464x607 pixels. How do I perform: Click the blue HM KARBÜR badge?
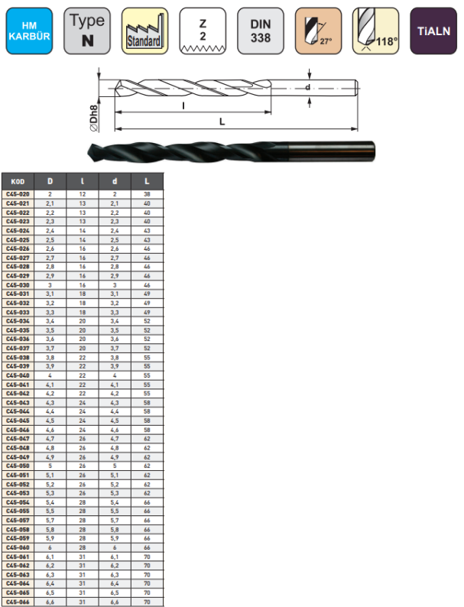[x=29, y=31]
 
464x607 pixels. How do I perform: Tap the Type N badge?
[x=87, y=31]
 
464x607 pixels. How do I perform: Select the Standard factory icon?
[x=144, y=31]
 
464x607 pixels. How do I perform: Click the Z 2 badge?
[x=203, y=31]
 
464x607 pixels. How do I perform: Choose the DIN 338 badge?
[x=261, y=31]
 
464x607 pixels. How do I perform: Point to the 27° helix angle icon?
[x=318, y=31]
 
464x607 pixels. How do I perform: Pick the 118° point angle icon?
[x=376, y=31]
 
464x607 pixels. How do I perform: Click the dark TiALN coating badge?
[x=433, y=31]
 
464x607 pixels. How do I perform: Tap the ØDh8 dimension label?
[x=94, y=118]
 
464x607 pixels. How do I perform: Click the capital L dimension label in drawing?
[x=222, y=122]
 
